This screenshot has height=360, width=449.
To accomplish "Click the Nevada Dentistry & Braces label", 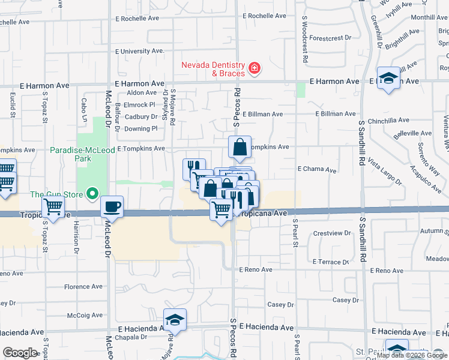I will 214,69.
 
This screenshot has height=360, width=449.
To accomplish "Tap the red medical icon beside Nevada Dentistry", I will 255,68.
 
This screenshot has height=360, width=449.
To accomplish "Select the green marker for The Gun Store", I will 92,194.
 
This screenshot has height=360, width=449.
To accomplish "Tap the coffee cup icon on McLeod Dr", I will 112,207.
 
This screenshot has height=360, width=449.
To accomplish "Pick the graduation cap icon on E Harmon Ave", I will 389,79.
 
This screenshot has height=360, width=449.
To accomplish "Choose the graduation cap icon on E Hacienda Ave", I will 175,320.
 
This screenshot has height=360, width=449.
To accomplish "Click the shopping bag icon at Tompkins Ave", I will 240,147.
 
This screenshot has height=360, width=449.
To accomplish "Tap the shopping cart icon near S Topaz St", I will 53,208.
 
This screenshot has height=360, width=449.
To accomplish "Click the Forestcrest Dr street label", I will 330,38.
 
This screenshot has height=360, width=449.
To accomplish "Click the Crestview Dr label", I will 331,233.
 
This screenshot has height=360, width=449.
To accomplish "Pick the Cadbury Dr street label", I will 142,117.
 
